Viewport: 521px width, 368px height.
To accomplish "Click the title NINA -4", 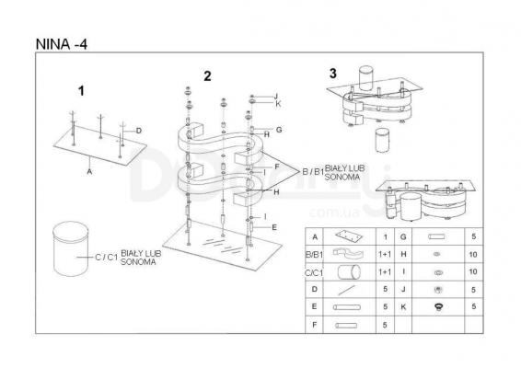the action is (61, 44).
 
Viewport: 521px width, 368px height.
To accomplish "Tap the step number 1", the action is (81, 91).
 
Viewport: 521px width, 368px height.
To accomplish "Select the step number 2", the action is (207, 76).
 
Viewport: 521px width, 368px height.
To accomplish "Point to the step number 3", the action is (332, 74).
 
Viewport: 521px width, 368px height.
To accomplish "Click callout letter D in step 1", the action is (139, 131).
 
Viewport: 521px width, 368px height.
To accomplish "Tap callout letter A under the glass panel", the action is (89, 172).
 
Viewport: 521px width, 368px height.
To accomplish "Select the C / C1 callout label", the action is (107, 258).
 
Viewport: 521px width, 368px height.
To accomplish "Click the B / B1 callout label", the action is (313, 172).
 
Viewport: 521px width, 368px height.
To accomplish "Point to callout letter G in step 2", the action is (279, 130).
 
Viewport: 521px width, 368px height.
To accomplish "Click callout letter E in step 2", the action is (274, 227).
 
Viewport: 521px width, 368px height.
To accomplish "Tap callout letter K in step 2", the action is (278, 104).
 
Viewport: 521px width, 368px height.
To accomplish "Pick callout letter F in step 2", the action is (277, 167).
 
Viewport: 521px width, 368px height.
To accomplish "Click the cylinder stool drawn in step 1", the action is (71, 248).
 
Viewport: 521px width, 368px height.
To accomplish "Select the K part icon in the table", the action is (438, 307).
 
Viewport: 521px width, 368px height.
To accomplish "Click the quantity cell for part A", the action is (385, 236).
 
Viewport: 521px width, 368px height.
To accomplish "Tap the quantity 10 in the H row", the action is (473, 255).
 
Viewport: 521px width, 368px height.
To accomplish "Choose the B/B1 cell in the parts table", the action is (314, 255).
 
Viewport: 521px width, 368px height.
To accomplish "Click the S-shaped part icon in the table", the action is (348, 254).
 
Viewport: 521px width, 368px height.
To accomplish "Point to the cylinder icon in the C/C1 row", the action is (349, 272).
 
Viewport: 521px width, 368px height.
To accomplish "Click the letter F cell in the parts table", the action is (314, 325).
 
